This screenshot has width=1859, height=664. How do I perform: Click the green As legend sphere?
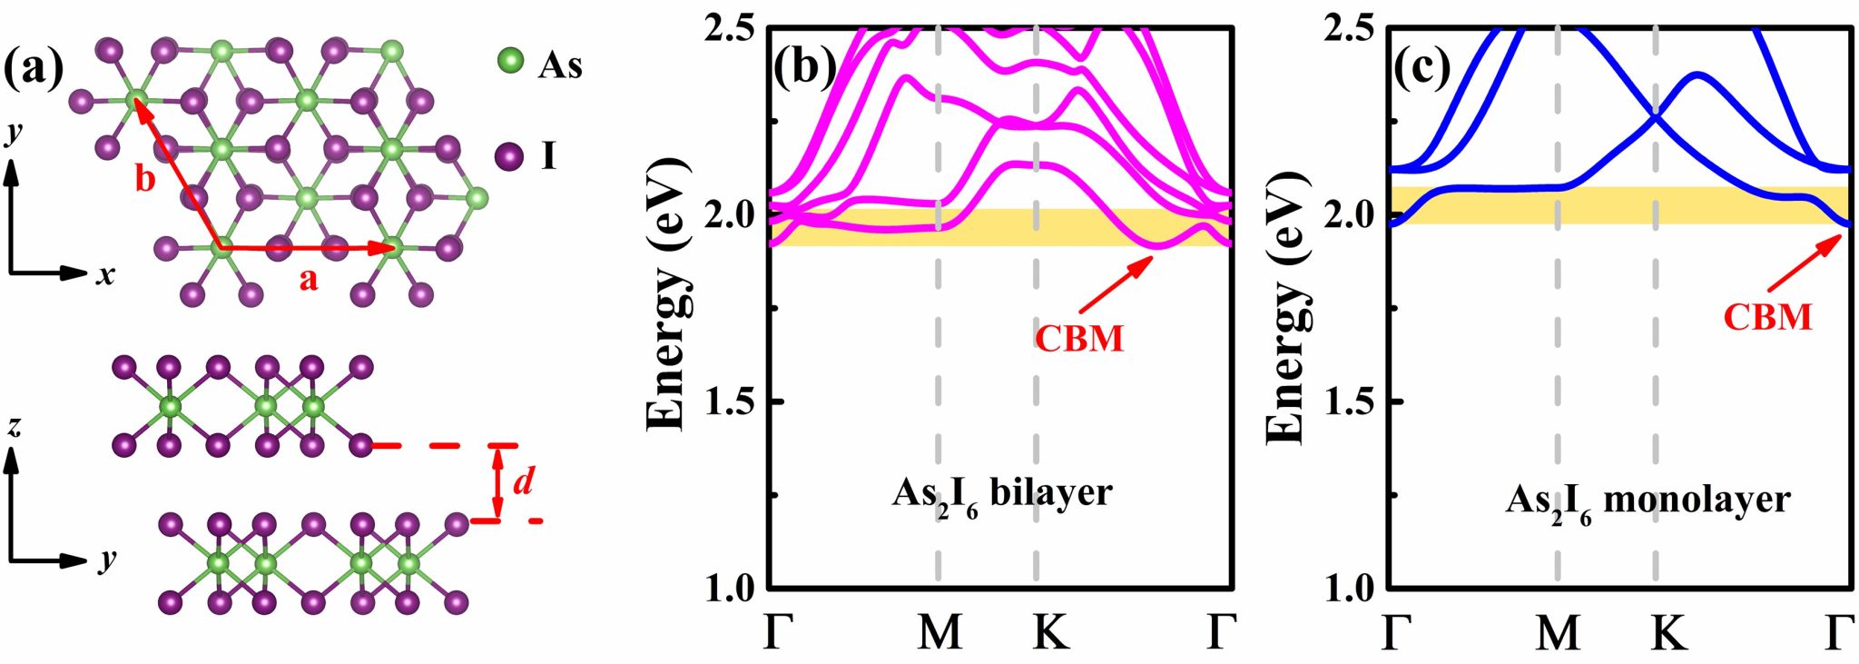point(511,62)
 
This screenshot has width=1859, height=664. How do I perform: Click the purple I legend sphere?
point(509,157)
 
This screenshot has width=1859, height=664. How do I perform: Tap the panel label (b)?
point(803,67)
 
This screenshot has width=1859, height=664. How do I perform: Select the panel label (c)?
point(1422,67)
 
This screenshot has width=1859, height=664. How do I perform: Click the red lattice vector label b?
point(145,179)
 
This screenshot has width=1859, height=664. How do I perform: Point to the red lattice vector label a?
point(309,280)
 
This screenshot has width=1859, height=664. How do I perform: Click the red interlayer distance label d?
point(523,481)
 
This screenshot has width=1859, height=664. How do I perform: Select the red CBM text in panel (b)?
point(1079,339)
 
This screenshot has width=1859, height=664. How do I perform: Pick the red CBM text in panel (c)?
point(1767,317)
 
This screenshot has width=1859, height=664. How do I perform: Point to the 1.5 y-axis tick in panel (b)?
point(729,401)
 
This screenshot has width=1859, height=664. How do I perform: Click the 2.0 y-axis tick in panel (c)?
point(1352,215)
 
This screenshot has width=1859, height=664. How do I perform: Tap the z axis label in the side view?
point(14,427)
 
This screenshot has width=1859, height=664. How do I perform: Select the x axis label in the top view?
point(106,273)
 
